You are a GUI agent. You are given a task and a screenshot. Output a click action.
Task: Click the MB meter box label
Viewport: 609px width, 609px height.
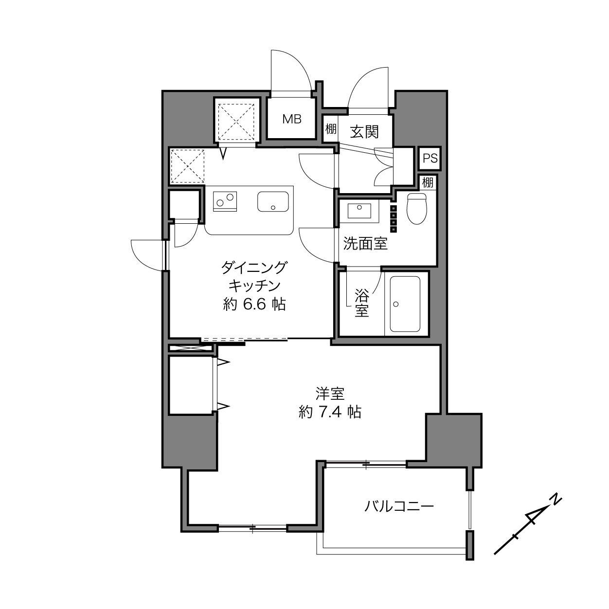click(292, 119)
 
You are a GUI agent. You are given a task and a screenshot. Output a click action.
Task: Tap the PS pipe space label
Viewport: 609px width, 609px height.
click(430, 158)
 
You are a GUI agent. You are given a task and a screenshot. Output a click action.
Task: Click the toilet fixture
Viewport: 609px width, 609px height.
click(416, 209)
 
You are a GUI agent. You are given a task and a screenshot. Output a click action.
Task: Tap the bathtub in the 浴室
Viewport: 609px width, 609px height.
click(405, 304)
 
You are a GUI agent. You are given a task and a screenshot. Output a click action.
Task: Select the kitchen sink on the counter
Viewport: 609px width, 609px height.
click(273, 202)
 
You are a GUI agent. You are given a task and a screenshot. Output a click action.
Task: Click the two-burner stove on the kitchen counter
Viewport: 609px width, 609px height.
click(225, 201)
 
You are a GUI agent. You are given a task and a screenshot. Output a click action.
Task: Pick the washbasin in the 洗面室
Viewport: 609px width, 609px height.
click(359, 211)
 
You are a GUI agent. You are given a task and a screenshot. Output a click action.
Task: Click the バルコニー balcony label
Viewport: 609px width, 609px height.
click(399, 507)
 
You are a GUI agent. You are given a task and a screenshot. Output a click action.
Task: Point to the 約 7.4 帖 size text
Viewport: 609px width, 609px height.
click(330, 412)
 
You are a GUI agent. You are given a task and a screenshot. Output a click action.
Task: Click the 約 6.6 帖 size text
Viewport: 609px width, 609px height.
click(254, 304)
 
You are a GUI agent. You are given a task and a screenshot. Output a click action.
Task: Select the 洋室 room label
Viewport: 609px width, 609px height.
click(330, 394)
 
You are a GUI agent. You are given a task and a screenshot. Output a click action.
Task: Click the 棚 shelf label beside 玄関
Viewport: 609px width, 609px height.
click(331, 128)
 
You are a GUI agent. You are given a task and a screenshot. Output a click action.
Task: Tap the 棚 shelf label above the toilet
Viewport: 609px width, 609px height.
click(428, 183)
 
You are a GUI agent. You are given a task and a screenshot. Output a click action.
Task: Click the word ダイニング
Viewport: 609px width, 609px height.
click(254, 268)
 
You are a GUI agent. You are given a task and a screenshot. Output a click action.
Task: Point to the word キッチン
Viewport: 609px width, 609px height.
click(254, 286)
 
